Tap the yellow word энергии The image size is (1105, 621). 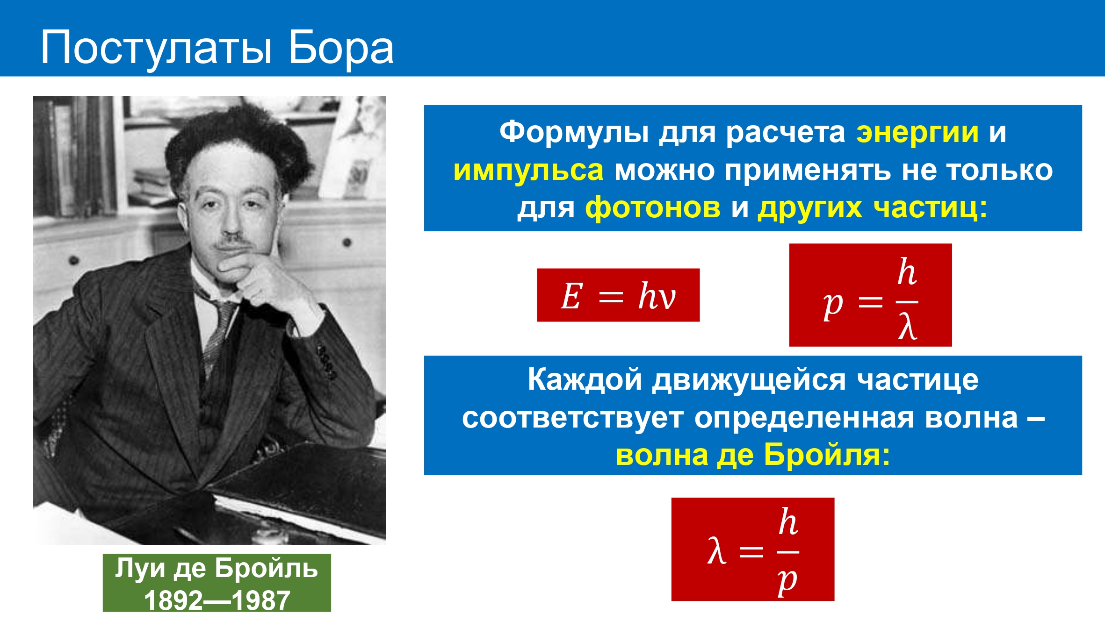(917, 133)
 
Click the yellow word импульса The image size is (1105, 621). (528, 170)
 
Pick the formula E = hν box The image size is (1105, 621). (618, 295)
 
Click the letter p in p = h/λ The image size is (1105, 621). (833, 306)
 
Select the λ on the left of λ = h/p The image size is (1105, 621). (717, 551)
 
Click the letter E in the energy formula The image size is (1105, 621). (571, 296)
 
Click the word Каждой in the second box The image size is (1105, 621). (585, 380)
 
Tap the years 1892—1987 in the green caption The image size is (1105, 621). (217, 600)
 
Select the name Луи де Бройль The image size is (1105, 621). (217, 568)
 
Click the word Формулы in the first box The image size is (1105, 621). (574, 133)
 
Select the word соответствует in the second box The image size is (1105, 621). (573, 418)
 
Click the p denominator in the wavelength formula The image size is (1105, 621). (787, 581)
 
